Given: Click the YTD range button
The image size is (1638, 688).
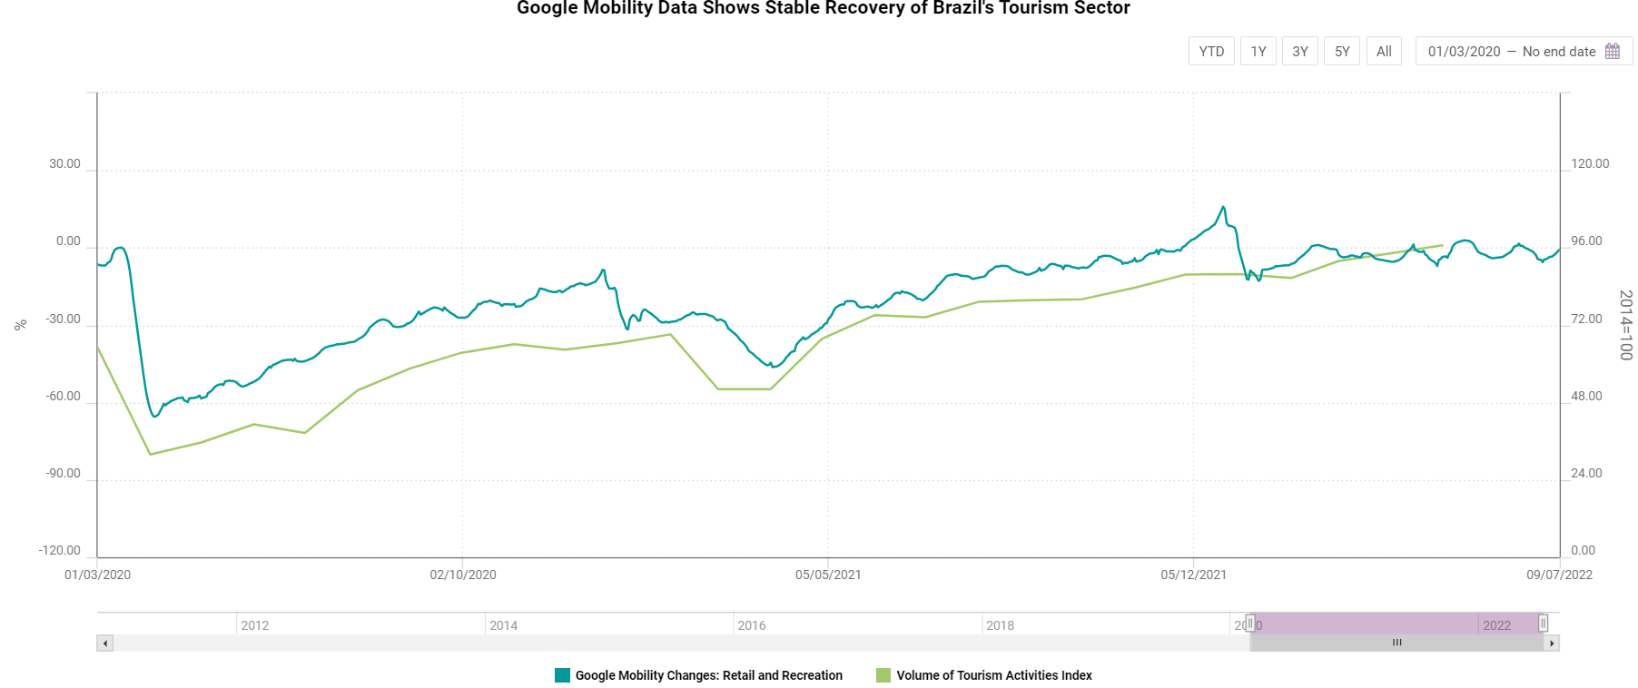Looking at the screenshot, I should tap(1211, 52).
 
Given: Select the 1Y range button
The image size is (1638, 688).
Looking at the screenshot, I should tap(1258, 52).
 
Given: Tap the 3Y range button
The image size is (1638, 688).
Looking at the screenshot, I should tap(1300, 52).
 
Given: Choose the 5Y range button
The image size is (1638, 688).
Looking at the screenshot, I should tap(1342, 52).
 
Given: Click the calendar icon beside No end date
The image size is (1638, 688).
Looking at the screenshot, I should tap(1613, 52).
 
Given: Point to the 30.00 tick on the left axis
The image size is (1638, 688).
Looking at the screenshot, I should tap(64, 164).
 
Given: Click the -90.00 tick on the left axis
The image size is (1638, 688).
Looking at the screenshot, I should tap(63, 474).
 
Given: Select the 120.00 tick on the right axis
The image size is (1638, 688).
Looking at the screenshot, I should tap(1590, 164).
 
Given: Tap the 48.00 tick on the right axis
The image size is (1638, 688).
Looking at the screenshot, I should tap(1586, 397).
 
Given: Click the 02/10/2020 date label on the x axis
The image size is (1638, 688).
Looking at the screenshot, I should tap(463, 575).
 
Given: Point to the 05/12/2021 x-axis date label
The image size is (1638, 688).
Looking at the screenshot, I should tap(1193, 575).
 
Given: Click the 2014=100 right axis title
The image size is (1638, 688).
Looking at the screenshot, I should tap(1625, 325).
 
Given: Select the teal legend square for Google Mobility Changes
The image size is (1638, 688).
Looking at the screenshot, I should tap(562, 675).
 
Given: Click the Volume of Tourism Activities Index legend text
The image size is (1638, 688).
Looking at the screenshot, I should tap(994, 675).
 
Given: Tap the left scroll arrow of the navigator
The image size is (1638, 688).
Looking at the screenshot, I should tap(105, 644).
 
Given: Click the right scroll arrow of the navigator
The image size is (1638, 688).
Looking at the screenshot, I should tap(1553, 644).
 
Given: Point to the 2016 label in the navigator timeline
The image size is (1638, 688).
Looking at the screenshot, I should tap(752, 625).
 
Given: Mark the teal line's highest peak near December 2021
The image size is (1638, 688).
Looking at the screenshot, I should tap(1223, 207).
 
